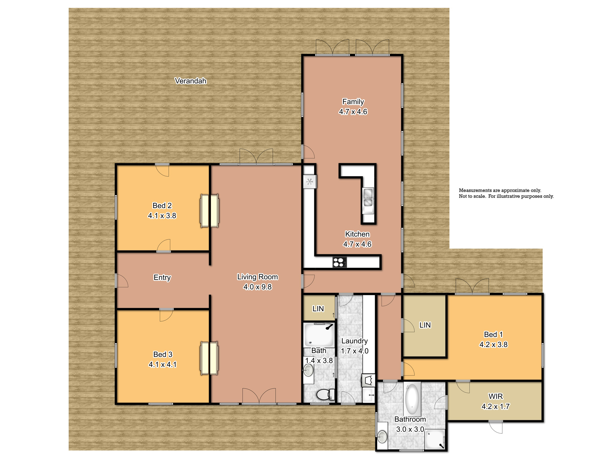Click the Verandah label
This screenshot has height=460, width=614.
pyautogui.click(x=190, y=81)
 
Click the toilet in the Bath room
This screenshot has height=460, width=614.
pyautogui.click(x=326, y=394)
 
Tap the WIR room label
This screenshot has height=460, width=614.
pyautogui.click(x=495, y=396)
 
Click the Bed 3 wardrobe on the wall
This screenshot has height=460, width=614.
pyautogui.click(x=209, y=358)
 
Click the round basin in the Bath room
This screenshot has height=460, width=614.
pyautogui.click(x=308, y=370)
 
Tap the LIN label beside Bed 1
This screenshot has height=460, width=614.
pyautogui.click(x=425, y=325)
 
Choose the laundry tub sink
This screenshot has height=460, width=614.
pyautogui.click(x=368, y=380)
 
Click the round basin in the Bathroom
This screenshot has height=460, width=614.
pyautogui.click(x=382, y=437)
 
